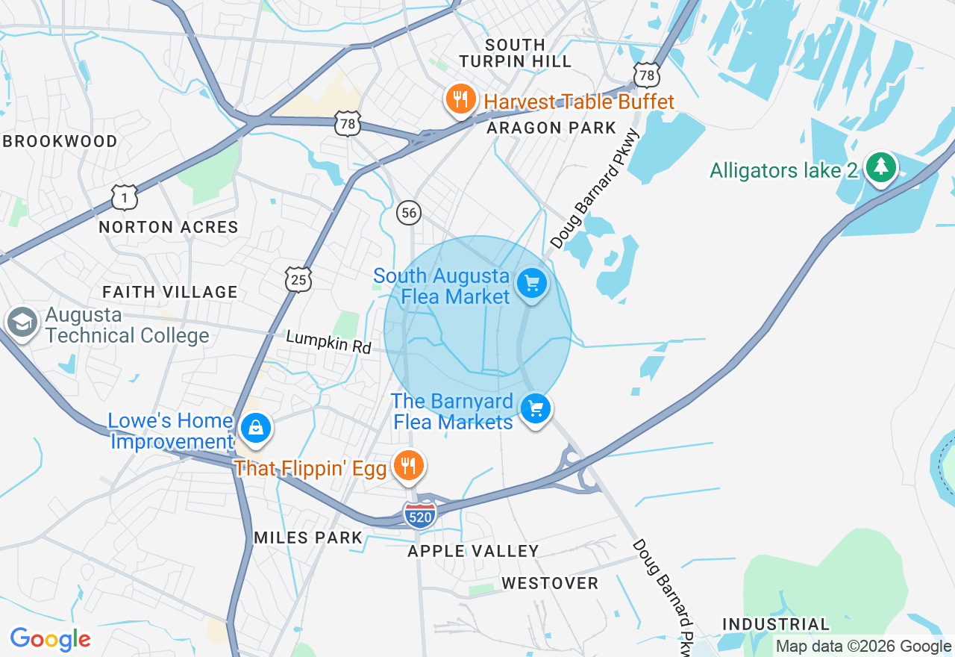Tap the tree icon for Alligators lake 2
881,168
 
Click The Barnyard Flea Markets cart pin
536,409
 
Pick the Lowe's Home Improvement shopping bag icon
256,429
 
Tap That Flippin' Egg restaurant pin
407,466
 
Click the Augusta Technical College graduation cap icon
21,323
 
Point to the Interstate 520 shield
420,516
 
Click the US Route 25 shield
298,280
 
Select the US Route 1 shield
125,198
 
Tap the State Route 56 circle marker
408,213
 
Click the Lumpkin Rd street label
328,342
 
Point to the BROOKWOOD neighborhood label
60,142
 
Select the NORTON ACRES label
169,227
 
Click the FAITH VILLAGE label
170,292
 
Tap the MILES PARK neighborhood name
308,538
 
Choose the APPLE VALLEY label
473,552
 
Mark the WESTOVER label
550,583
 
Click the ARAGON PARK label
551,128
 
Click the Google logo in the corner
50,639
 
